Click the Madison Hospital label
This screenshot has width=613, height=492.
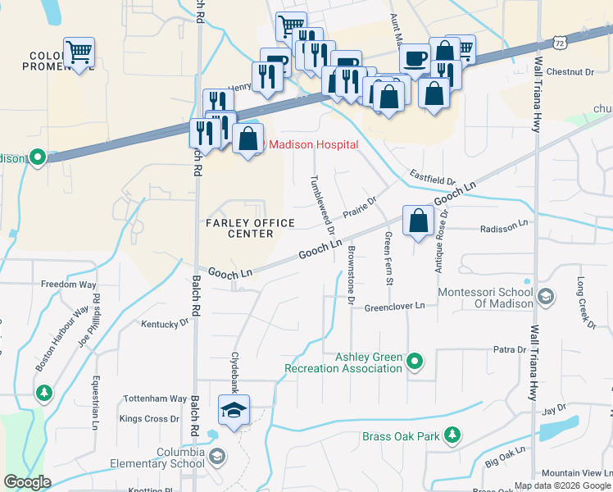(314, 144)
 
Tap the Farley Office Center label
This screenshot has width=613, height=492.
(238, 228)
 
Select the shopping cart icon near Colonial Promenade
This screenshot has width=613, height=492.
(79, 53)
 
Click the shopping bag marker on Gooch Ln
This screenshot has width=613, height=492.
(418, 221)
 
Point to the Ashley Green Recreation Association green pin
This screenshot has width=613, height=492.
(415, 361)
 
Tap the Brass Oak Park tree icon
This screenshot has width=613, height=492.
(451, 436)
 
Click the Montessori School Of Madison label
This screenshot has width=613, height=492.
(485, 298)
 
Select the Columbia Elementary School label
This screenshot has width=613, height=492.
(165, 458)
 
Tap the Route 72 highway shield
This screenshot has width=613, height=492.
(560, 42)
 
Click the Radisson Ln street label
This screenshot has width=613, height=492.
(504, 227)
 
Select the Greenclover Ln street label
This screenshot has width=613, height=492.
(395, 306)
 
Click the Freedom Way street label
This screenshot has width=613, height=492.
(69, 285)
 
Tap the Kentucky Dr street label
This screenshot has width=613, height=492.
(165, 324)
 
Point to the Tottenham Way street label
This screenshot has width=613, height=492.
(155, 399)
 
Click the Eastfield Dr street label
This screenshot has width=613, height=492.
(432, 178)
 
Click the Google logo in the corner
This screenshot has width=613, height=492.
(27, 482)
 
